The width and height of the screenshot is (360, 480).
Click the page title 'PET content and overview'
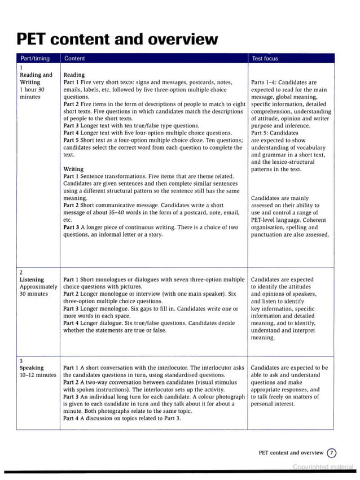pos(117,39)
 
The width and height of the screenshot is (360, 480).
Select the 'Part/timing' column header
pos(35,58)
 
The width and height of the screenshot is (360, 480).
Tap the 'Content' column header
pos(74,58)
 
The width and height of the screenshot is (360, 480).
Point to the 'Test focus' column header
pos(265,58)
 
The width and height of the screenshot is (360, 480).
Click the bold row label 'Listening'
pos(32,280)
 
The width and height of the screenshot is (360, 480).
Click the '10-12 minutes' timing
pos(38,375)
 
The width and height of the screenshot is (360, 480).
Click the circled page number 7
pos(332,452)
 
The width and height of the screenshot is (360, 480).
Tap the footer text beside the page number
pos(291,452)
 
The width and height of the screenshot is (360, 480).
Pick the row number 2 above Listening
pos(21,272)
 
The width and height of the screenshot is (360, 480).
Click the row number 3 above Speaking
pos(21,360)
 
